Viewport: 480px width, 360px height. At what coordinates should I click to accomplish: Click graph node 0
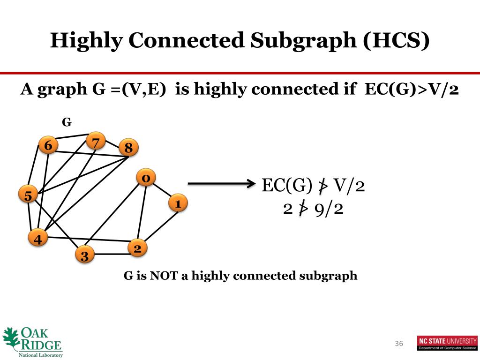146,178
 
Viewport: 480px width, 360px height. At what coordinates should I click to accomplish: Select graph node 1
178,203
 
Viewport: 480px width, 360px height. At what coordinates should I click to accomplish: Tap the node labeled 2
138,248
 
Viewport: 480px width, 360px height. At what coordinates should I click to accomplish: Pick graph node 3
85,255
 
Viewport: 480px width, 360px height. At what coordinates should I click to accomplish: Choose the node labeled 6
48,146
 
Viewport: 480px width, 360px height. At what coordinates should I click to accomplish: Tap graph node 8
129,148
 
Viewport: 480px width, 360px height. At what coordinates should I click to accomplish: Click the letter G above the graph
67,122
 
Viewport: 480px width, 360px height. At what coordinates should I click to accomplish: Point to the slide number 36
399,344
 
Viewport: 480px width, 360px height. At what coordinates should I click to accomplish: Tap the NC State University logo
447,343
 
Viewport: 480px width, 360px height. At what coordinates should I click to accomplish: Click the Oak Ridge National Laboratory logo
33,342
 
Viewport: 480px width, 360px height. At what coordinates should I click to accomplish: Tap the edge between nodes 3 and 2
112,254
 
